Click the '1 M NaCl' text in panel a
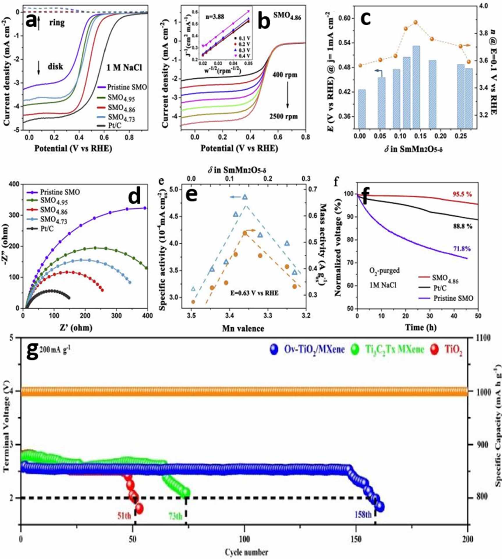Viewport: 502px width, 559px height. tap(124, 68)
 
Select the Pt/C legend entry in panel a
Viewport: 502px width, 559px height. tap(114, 126)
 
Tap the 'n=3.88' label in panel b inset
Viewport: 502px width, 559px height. tap(215, 17)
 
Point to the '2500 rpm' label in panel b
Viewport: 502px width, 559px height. tap(283, 117)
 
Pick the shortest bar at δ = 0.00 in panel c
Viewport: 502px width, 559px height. tap(362, 109)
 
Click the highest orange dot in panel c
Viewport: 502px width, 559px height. tap(416, 22)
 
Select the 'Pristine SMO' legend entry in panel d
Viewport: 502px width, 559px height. tap(60, 192)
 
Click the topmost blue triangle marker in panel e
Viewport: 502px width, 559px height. tap(245, 197)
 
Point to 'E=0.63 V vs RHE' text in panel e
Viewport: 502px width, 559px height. tap(254, 293)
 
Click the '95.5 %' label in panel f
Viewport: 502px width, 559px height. tap(462, 194)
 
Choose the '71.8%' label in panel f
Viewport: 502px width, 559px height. tap(462, 249)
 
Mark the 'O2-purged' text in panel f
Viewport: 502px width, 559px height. tap(384, 271)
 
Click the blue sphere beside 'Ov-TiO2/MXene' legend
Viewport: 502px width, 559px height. tap(274, 349)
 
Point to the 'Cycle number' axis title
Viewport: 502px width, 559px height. tap(246, 552)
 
